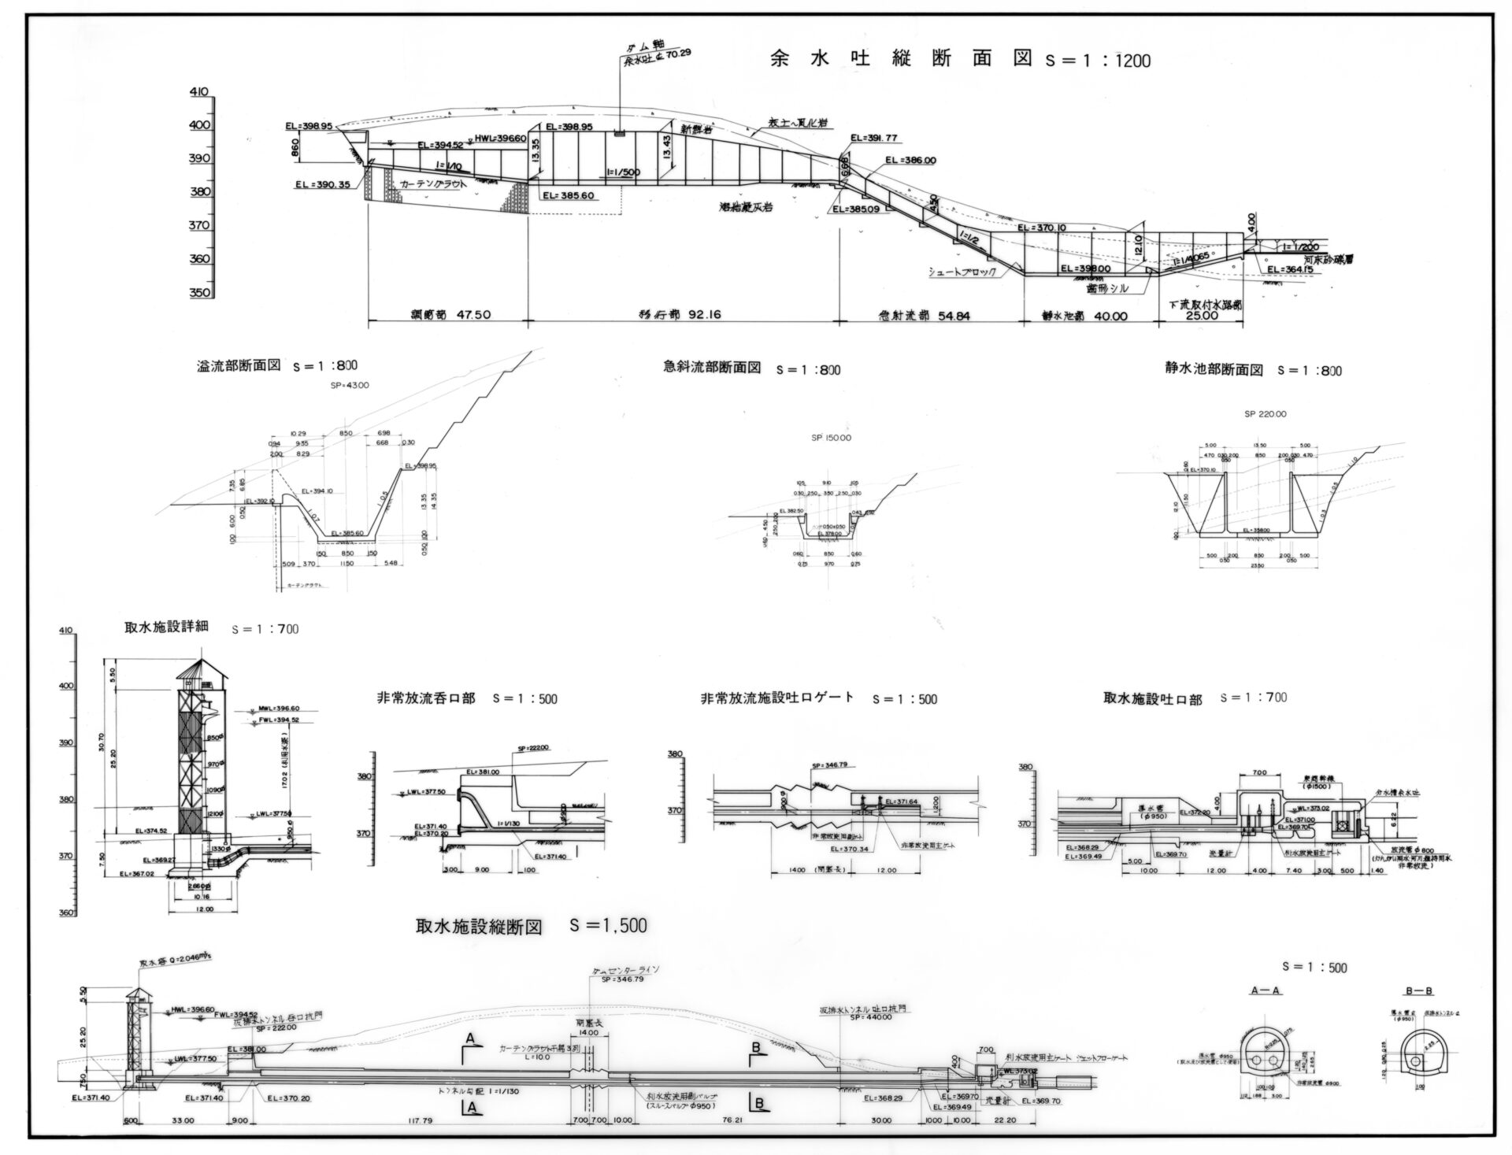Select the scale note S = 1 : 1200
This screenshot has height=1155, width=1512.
(1097, 61)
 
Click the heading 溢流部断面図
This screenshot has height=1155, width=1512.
(239, 366)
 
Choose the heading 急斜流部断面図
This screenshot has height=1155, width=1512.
(712, 368)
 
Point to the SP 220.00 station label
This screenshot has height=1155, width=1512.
(1266, 413)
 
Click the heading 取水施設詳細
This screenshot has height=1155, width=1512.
(166, 627)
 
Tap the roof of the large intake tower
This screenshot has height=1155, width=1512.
(200, 669)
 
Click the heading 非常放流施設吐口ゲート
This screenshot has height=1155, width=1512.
(777, 698)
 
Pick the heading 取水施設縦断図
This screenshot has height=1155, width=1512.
(479, 927)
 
